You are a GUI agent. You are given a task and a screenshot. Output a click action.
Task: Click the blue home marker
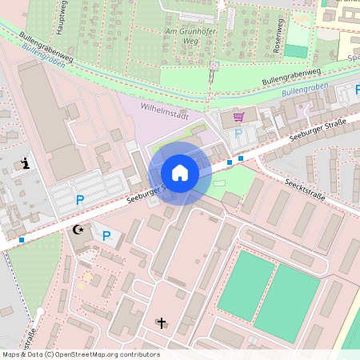[x=180, y=173]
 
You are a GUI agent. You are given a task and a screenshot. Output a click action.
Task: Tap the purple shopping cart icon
[x=238, y=117]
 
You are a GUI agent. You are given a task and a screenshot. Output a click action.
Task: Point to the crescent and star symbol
[x=78, y=230]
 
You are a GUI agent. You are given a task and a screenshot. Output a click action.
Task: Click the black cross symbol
[x=162, y=323]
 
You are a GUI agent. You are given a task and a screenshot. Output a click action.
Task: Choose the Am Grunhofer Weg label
[x=181, y=36]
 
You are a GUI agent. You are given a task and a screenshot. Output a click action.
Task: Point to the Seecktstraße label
[x=304, y=189]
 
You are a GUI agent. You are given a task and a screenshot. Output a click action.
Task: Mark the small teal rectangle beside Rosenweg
[x=296, y=51]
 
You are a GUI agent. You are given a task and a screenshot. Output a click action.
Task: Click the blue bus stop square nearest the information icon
[x=21, y=239]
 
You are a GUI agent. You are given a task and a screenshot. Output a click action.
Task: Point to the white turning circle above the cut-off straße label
[x=39, y=311]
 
